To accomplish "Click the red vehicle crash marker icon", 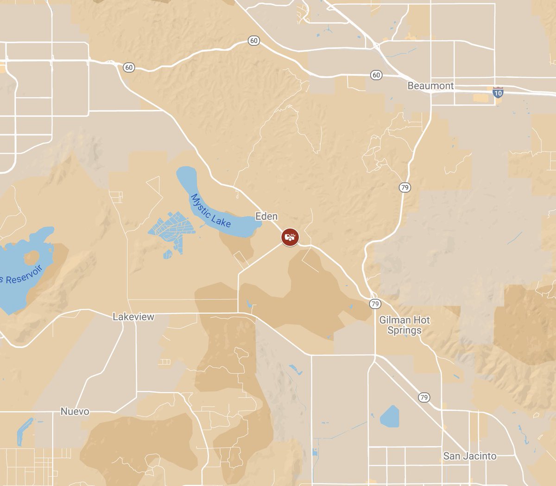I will tap(290, 237).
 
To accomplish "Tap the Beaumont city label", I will tap(430, 86).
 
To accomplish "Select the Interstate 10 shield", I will tap(498, 92).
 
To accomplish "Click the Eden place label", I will tap(266, 216).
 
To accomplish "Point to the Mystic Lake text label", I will tap(211, 211).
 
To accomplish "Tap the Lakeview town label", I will tap(133, 317).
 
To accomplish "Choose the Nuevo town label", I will tap(75, 411).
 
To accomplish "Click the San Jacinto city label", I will tap(469, 456).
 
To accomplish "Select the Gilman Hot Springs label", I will tap(404, 325).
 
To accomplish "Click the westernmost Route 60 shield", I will tap(129, 68).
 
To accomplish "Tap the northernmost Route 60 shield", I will tap(253, 41).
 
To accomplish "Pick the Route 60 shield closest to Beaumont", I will tap(376, 75).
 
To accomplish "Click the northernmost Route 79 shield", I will tap(405, 187).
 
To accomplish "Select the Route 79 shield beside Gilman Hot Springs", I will tap(375, 304).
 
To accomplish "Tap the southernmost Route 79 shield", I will tap(423, 397).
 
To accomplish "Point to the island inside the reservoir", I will tap(32, 257).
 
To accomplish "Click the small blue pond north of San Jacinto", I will tap(390, 416).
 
